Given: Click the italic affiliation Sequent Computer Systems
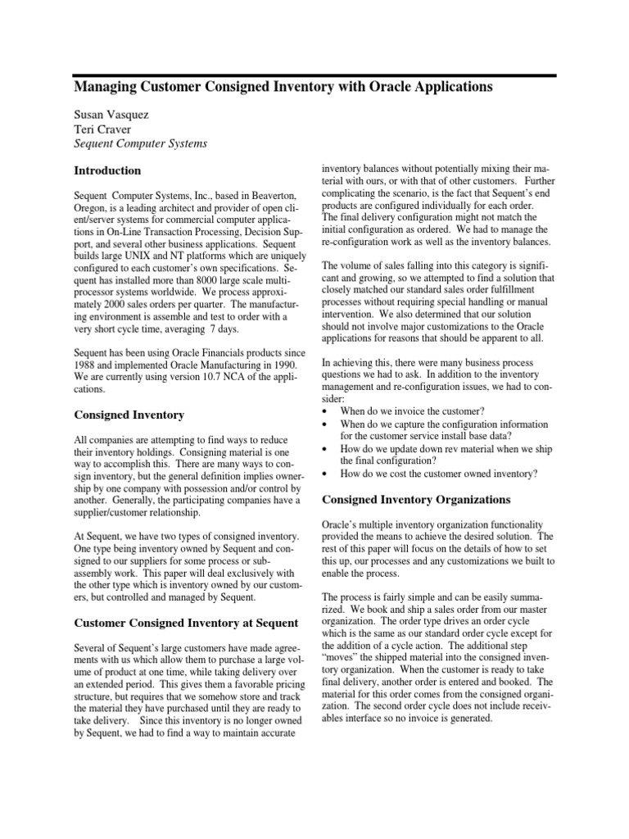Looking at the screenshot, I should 140,143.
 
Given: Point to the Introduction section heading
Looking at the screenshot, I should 107,171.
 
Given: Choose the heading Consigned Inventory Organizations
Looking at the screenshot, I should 416,499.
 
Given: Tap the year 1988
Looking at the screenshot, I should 88,366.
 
